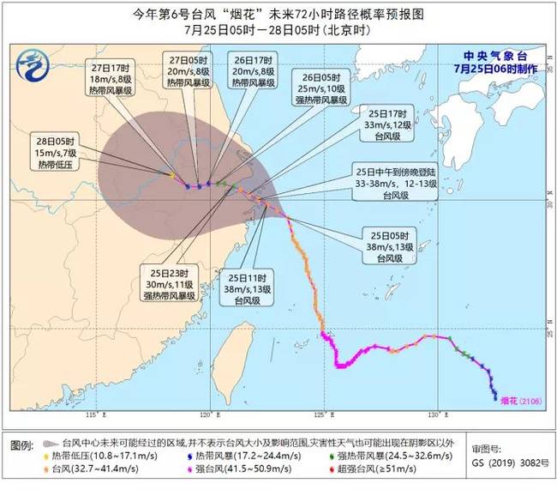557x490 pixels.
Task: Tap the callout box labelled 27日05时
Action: pos(189,76)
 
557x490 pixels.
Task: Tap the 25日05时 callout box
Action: pos(392,246)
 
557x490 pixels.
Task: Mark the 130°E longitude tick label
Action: pos(434,415)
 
